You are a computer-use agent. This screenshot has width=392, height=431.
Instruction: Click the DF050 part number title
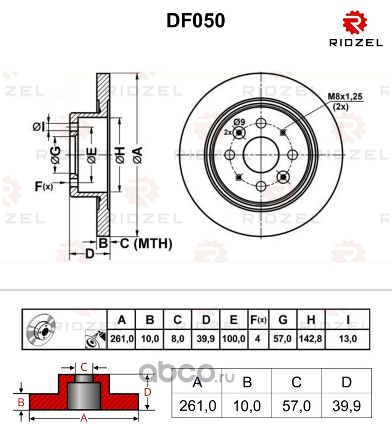pyautogui.click(x=195, y=20)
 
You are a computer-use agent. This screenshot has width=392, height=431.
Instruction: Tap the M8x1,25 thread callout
pyautogui.click(x=346, y=97)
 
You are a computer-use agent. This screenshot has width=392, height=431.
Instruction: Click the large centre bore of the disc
pyautogui.click(x=261, y=155)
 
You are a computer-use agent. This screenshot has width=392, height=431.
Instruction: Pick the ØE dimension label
pyautogui.click(x=91, y=155)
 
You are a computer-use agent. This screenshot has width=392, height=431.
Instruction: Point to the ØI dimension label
pyautogui.click(x=39, y=127)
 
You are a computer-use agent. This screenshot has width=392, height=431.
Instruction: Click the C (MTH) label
pyautogui.click(x=145, y=244)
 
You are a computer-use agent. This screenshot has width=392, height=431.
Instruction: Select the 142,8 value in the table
pyautogui.click(x=311, y=339)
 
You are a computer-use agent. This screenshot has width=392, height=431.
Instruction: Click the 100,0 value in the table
pyautogui.click(x=233, y=339)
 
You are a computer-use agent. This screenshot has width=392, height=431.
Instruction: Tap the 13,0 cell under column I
pyautogui.click(x=348, y=339)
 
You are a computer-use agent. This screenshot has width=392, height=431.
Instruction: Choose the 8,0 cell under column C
pyautogui.click(x=178, y=339)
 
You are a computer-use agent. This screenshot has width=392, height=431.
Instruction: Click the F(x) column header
pyautogui.click(x=259, y=320)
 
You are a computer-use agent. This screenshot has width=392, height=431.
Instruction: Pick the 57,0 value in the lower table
pyautogui.click(x=296, y=406)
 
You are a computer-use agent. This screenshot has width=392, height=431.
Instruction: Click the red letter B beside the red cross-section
pyautogui.click(x=21, y=402)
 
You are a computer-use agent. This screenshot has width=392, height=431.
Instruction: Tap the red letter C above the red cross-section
pyautogui.click(x=84, y=367)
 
